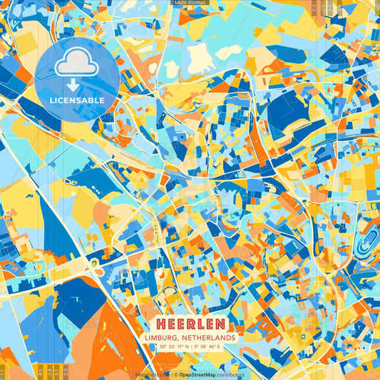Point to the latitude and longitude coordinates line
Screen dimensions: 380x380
190,347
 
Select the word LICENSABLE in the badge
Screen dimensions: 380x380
77,101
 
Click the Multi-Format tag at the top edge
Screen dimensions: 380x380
190,3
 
